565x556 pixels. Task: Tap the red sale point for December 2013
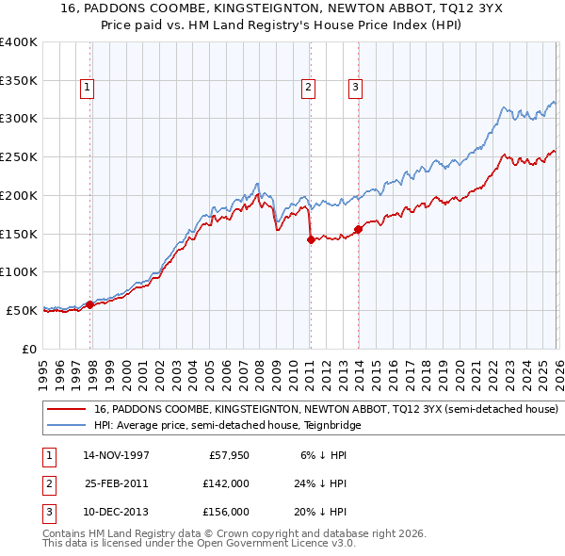click(358, 229)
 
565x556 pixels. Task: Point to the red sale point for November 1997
click(90, 303)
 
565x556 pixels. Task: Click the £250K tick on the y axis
click(19, 156)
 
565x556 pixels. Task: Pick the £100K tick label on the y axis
click(19, 271)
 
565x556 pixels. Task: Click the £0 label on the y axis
click(28, 349)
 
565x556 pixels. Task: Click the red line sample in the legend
click(65, 410)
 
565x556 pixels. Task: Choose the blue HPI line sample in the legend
click(65, 425)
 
